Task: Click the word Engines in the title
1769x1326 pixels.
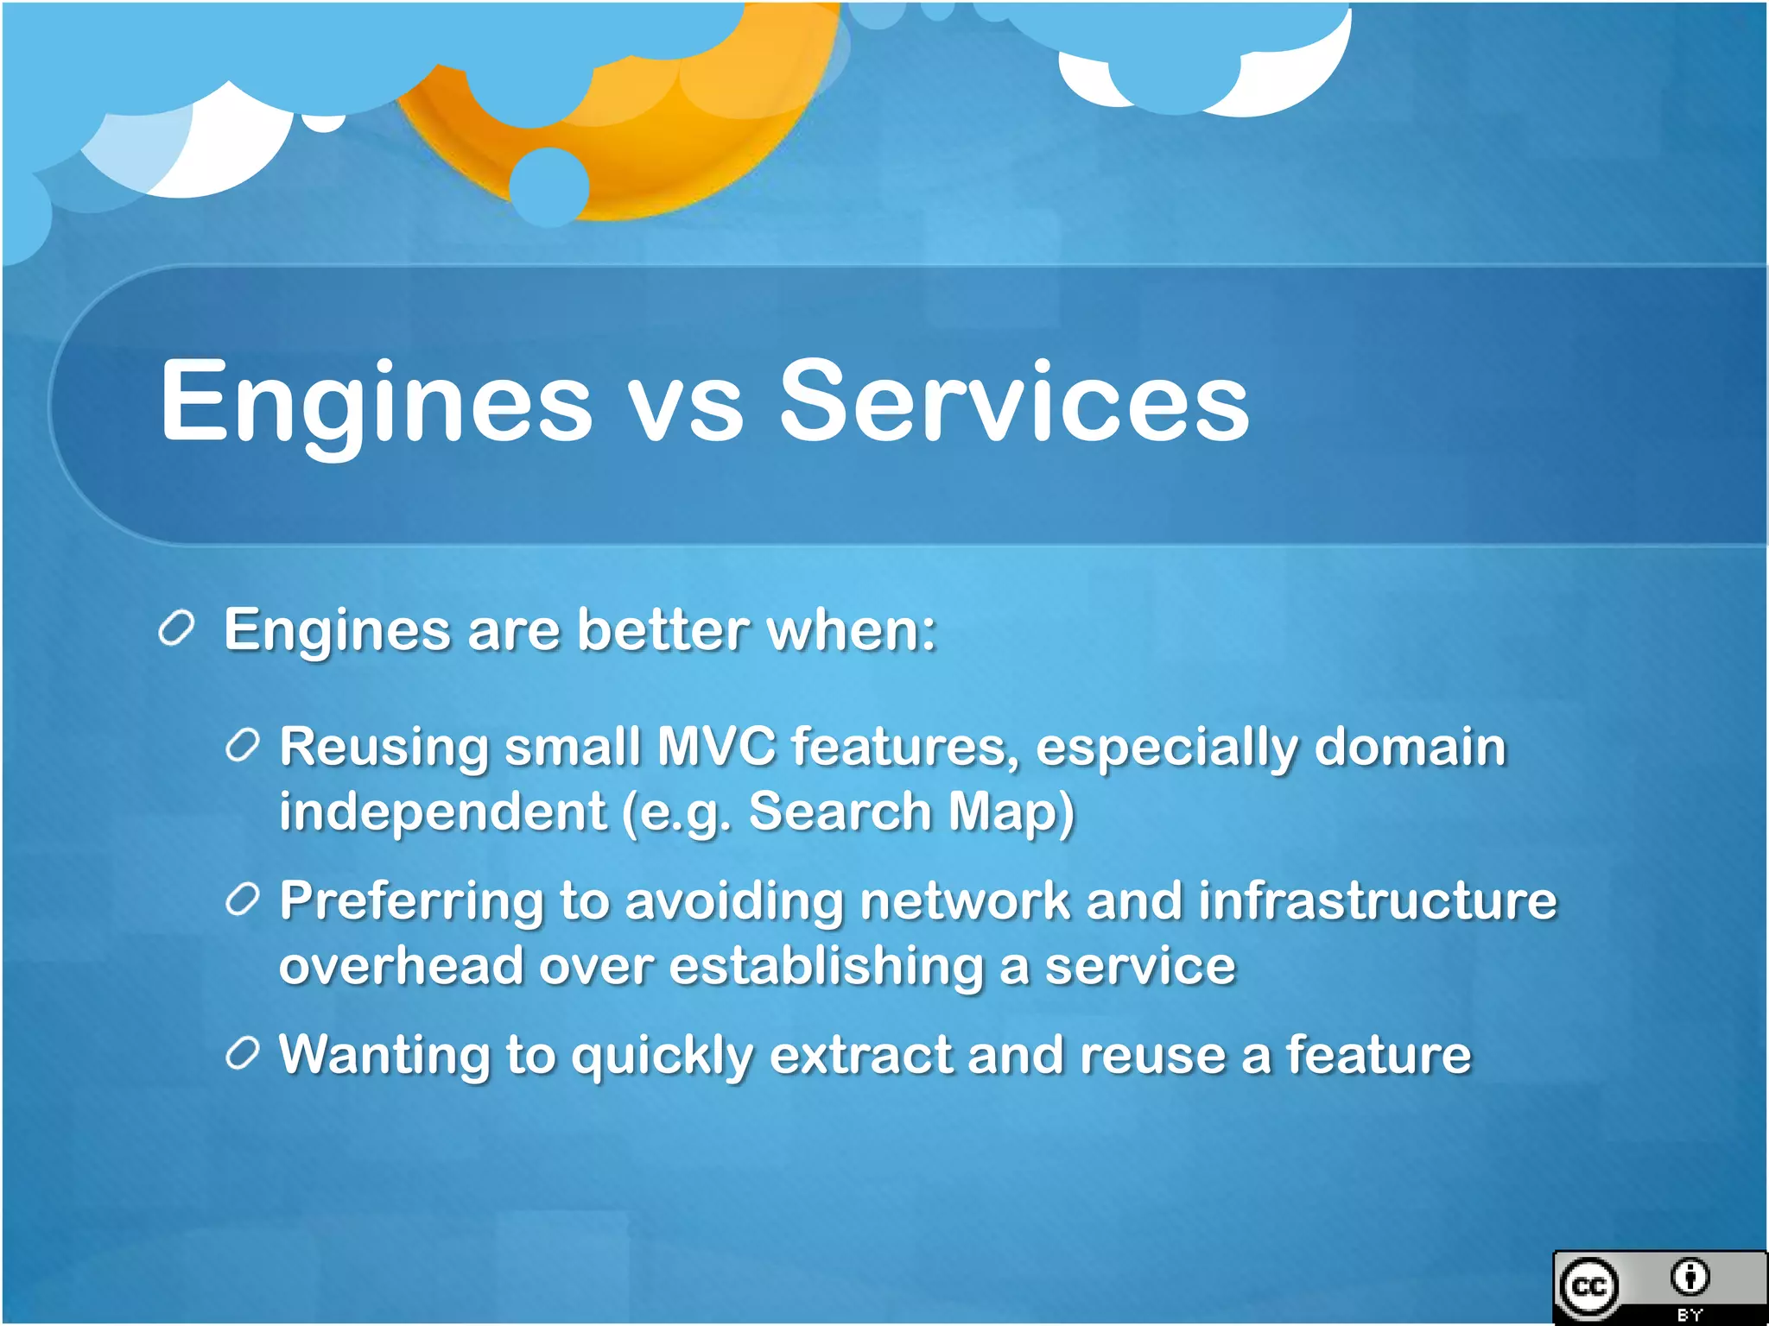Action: point(376,402)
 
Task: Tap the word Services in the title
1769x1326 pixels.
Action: point(1014,402)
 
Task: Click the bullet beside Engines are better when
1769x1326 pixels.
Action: point(177,628)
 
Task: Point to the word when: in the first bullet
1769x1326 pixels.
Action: point(851,629)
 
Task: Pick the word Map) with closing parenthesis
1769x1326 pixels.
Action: point(1011,813)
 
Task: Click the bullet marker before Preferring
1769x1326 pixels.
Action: point(243,900)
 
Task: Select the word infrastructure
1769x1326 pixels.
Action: point(1377,900)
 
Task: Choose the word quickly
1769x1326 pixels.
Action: point(662,1057)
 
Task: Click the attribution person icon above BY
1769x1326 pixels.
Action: point(1690,1277)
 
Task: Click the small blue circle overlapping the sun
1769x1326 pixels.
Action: point(549,186)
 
